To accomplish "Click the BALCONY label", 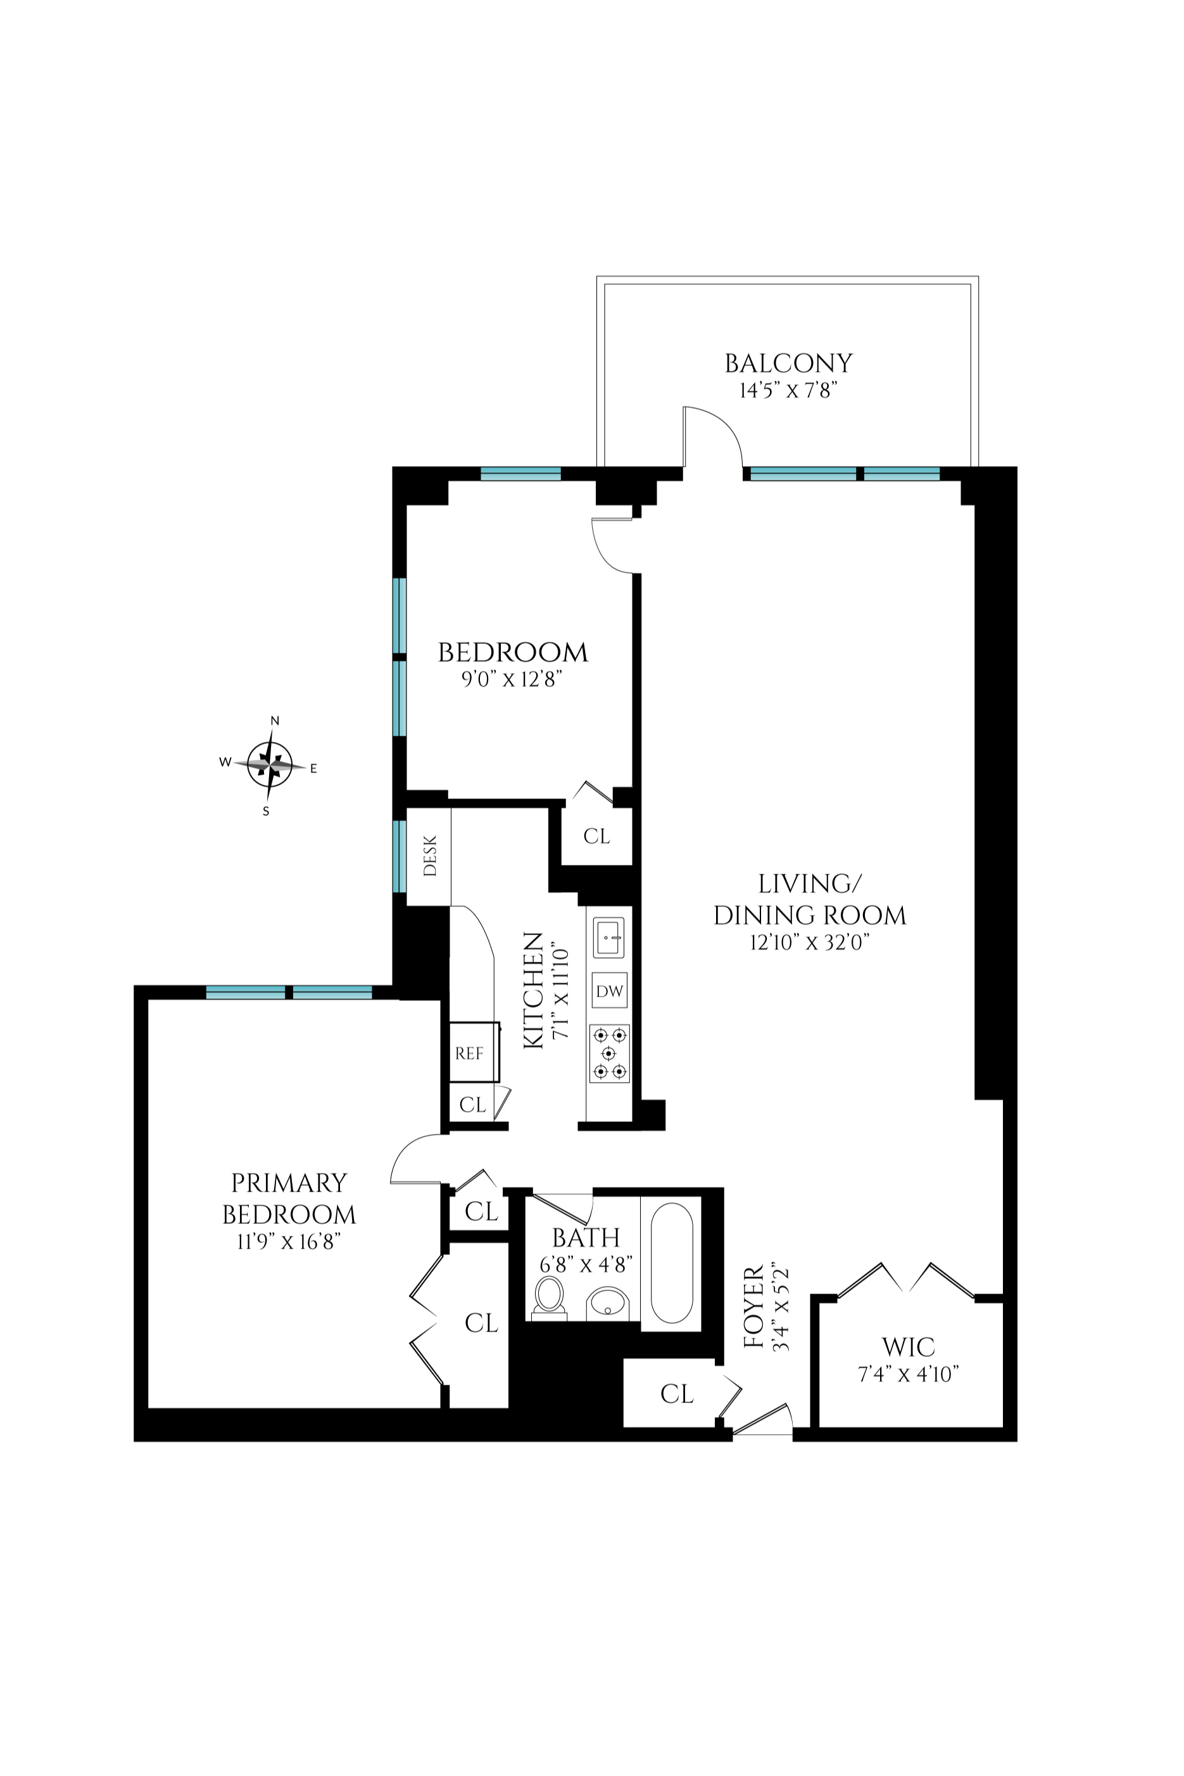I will click(788, 364).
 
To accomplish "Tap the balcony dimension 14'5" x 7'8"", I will click(788, 391).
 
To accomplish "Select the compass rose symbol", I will click(270, 765).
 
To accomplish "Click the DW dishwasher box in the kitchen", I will click(609, 991).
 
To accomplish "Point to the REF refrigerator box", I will click(469, 1054).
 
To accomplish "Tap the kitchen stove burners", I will click(609, 1054).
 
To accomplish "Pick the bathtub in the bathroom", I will click(671, 1262).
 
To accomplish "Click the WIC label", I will click(909, 1347).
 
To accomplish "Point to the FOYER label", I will click(754, 1306).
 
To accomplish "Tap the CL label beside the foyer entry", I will click(677, 1394).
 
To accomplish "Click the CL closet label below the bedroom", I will click(596, 836).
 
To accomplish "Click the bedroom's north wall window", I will click(521, 474).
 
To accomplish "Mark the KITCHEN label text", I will click(533, 990).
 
